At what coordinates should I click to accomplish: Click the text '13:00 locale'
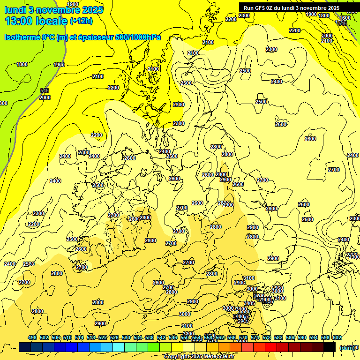(36, 21)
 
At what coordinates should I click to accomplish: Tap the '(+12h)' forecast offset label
(81, 21)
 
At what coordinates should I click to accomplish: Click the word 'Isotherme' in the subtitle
(22, 37)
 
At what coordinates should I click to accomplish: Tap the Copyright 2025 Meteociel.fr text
(199, 357)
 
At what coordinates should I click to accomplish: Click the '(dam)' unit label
(347, 347)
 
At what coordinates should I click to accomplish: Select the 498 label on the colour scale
(32, 337)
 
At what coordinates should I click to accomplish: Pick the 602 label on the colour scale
(337, 337)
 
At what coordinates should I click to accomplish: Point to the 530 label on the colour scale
(126, 337)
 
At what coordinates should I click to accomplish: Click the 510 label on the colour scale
(67, 337)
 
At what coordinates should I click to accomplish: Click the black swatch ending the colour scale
(330, 347)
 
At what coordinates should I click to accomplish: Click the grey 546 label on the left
(45, 90)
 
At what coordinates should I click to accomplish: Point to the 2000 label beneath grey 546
(45, 97)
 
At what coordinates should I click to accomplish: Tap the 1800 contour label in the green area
(22, 64)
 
